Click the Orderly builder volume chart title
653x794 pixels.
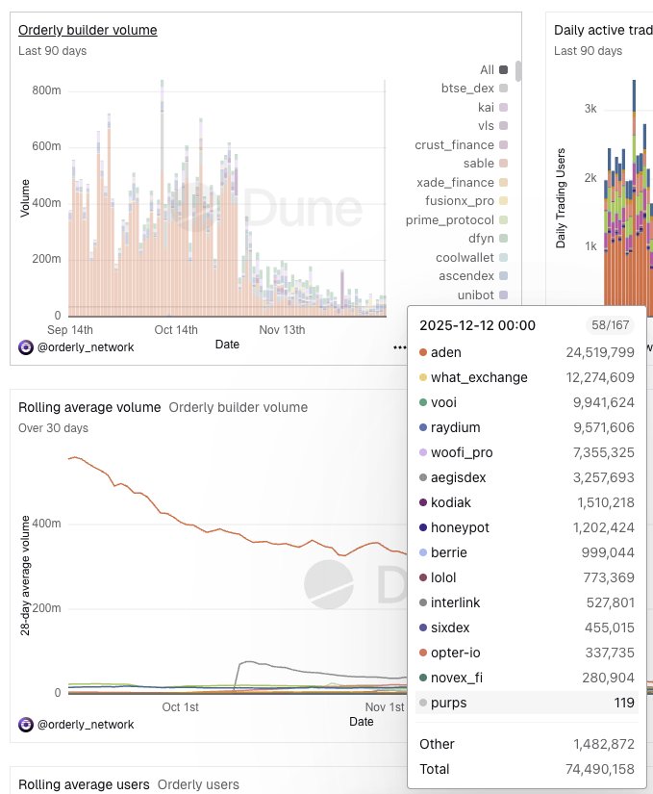tap(88, 30)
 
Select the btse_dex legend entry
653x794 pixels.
tap(467, 88)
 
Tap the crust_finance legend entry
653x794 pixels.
tap(454, 144)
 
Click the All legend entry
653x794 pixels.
tap(487, 69)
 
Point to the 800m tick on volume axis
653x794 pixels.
tap(46, 90)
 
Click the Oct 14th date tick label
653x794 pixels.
tap(176, 329)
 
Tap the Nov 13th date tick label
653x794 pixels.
tap(283, 329)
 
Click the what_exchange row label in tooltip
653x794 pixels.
tap(479, 377)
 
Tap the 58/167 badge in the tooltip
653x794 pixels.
tap(610, 325)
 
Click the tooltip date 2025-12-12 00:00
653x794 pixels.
tap(477, 325)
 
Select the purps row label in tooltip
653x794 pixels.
tap(448, 703)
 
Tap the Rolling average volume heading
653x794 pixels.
tap(89, 407)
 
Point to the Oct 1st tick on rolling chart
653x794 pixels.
tap(181, 707)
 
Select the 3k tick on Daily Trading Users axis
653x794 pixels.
tap(590, 109)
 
